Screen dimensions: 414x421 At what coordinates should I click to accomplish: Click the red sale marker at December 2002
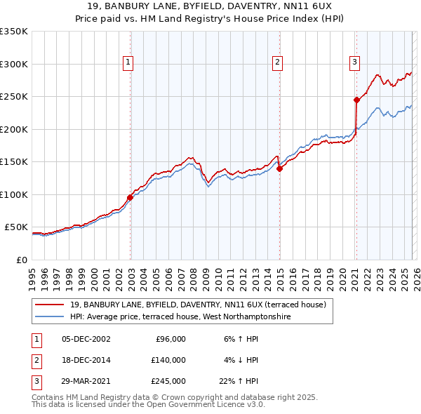(131, 197)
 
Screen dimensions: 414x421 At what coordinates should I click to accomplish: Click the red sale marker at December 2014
(279, 168)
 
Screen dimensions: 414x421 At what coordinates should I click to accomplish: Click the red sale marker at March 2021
(356, 100)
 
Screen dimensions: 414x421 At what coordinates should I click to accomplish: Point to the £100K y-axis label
(14, 194)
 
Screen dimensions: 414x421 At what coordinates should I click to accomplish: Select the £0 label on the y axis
(21, 260)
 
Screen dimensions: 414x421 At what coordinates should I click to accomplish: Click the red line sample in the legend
(51, 305)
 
